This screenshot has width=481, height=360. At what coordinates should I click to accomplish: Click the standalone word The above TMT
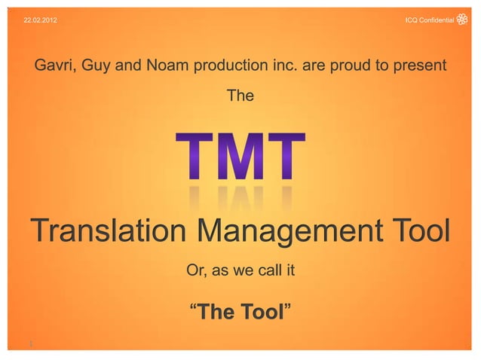pos(240,98)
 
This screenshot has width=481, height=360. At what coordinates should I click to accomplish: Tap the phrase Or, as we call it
pos(240,269)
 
